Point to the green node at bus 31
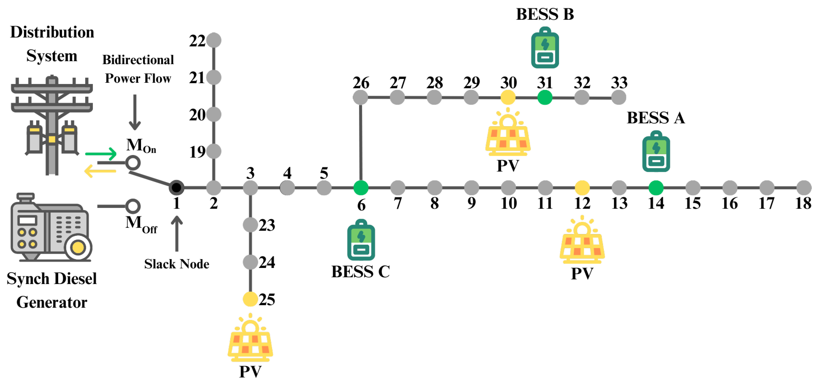point(545,97)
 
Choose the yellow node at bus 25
point(250,299)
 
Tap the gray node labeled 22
point(214,40)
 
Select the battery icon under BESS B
point(545,48)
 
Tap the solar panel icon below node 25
point(250,339)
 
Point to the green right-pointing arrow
point(101,154)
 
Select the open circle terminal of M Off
point(133,206)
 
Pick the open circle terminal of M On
point(133,163)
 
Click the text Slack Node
point(177,264)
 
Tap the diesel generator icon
point(51,228)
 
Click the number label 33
point(619,83)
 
